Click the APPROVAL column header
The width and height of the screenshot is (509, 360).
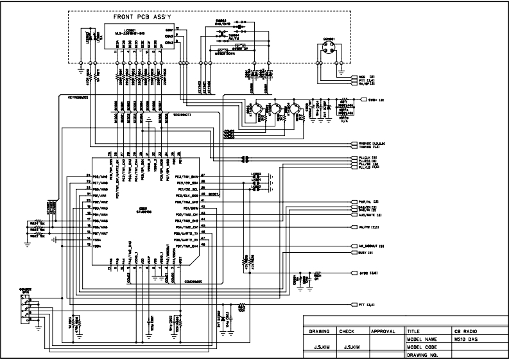pos(383,331)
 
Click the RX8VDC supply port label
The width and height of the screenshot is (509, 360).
pos(367,142)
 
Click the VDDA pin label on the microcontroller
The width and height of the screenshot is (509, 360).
pos(98,246)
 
